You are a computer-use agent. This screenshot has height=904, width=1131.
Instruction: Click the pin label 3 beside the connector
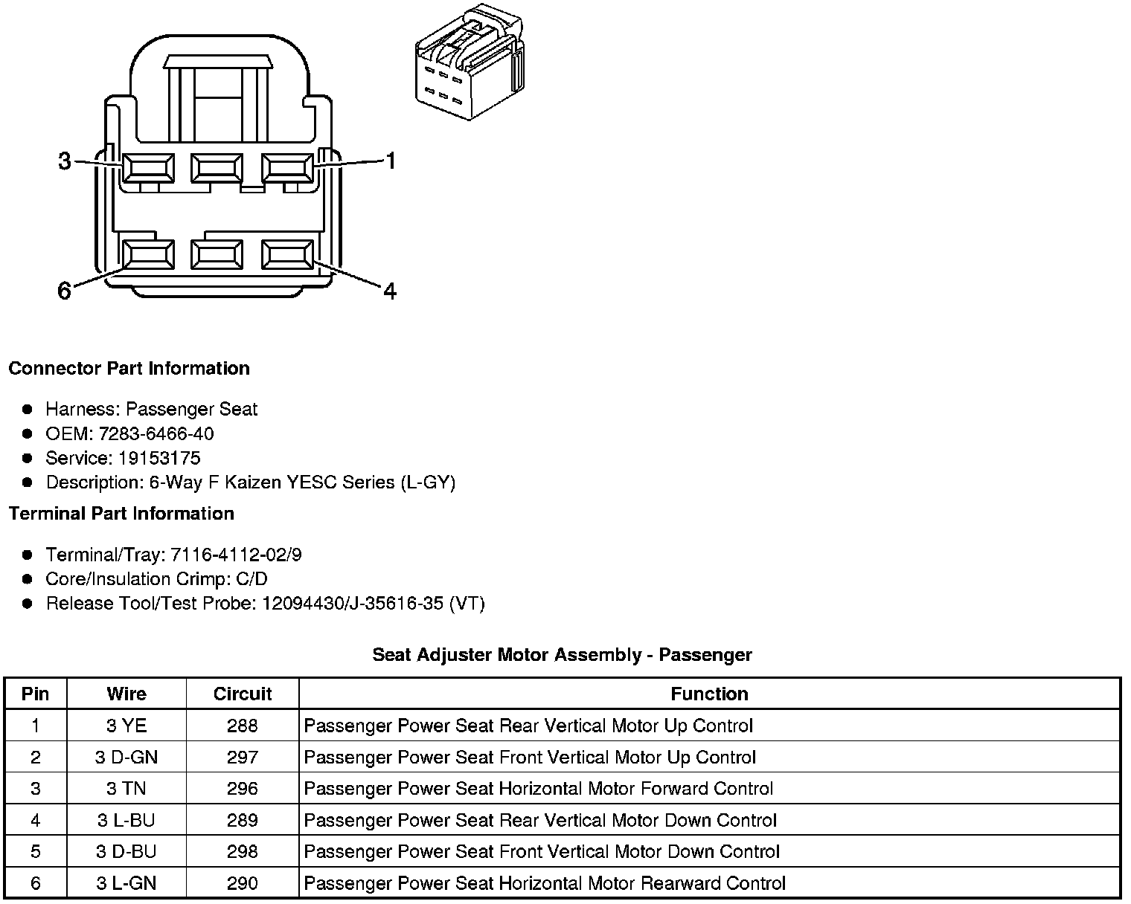[65, 161]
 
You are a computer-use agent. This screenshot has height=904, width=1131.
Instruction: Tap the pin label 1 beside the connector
[390, 161]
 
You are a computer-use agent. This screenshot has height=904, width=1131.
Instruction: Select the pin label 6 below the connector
[65, 291]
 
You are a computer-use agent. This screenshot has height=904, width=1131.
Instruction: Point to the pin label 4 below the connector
[390, 291]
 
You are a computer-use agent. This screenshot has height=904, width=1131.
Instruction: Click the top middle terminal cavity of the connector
[217, 168]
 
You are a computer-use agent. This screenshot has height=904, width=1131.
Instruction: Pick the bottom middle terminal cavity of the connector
[217, 255]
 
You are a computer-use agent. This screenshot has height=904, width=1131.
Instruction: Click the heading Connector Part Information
[129, 369]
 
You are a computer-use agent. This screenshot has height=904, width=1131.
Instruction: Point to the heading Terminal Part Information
[121, 514]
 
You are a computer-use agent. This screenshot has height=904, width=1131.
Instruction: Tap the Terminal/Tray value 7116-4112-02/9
[236, 555]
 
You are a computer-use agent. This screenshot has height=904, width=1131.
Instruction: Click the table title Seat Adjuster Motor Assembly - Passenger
[562, 655]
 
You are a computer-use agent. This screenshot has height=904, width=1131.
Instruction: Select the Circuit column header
[243, 694]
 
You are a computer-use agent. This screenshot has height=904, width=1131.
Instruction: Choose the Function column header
[709, 694]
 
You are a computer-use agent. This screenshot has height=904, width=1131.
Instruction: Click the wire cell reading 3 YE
[126, 726]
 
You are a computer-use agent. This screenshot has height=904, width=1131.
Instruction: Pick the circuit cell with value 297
[243, 758]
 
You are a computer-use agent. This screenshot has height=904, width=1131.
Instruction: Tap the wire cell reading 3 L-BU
[126, 820]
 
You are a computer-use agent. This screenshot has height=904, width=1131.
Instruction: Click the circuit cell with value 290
[243, 883]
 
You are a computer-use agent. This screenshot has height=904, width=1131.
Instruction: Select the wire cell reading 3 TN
[126, 789]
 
